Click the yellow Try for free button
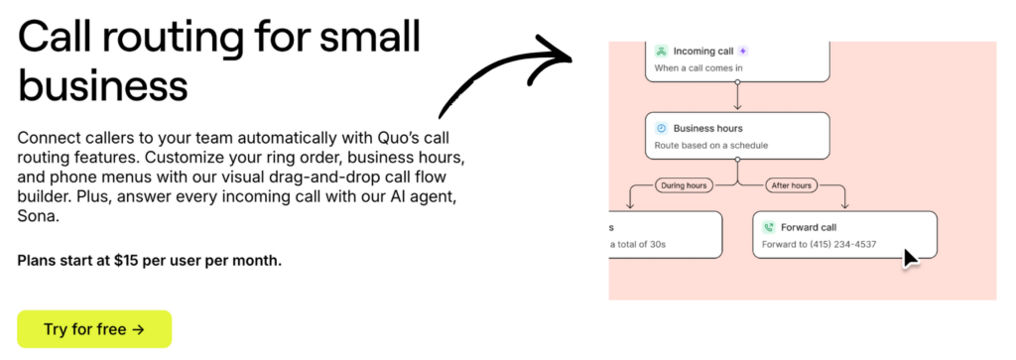click(94, 329)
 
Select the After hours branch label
click(790, 184)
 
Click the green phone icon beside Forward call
click(769, 226)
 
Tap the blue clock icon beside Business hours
click(661, 128)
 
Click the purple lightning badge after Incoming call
click(743, 51)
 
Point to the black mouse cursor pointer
click(910, 258)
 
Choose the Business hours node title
click(707, 128)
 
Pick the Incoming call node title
click(703, 51)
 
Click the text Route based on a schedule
click(711, 146)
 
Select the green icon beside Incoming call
click(661, 51)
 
